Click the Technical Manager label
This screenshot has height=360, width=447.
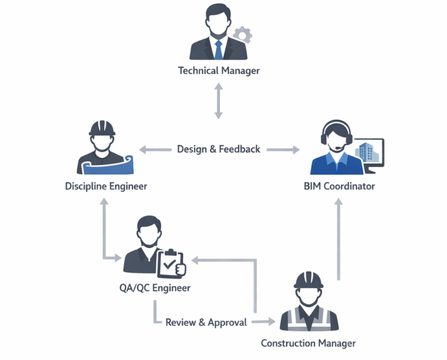tap(219, 71)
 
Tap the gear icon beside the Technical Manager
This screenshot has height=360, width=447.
tap(242, 35)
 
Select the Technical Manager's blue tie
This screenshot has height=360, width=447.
tap(218, 50)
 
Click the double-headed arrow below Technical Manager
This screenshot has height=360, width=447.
tap(219, 101)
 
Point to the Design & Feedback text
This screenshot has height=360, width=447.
tap(219, 149)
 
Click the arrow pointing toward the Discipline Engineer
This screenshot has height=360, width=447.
tap(155, 150)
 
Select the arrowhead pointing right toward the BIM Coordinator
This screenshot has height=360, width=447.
tap(296, 150)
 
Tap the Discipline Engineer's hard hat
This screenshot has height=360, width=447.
tap(102, 128)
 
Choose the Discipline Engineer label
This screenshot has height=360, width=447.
tap(106, 186)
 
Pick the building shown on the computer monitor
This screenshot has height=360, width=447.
tap(366, 152)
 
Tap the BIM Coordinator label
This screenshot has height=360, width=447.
tap(339, 186)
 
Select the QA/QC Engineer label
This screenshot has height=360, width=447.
tap(155, 288)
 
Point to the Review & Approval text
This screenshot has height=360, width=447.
tap(206, 322)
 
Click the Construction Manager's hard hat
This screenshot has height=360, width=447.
tap(308, 280)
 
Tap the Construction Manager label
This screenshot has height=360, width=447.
tap(308, 343)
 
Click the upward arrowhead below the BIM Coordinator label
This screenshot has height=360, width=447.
tap(339, 202)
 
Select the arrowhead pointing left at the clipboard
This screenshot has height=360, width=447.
tap(195, 260)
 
